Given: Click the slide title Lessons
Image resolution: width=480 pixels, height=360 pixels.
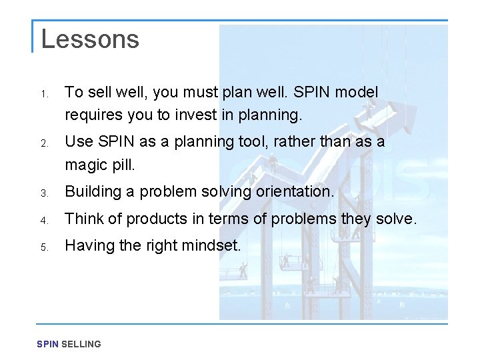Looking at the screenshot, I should [90, 39].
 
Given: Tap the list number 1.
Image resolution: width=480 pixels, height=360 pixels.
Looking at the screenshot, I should [44, 93].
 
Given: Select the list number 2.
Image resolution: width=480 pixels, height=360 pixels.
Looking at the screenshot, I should [44, 143].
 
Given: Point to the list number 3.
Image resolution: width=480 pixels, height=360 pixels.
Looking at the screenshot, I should [44, 193].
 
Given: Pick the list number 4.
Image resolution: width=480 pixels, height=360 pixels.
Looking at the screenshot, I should [44, 220].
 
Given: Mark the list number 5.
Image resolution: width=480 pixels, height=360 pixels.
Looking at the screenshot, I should [44, 247].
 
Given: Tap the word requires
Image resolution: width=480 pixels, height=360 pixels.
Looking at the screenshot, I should [91, 115].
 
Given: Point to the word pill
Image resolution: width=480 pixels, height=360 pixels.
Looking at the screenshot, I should [123, 164].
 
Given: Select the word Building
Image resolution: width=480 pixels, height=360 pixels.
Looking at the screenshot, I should [92, 192].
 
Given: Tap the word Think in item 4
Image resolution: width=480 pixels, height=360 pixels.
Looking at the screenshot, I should [83, 218].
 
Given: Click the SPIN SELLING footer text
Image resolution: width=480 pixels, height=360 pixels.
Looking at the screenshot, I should [69, 344].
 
